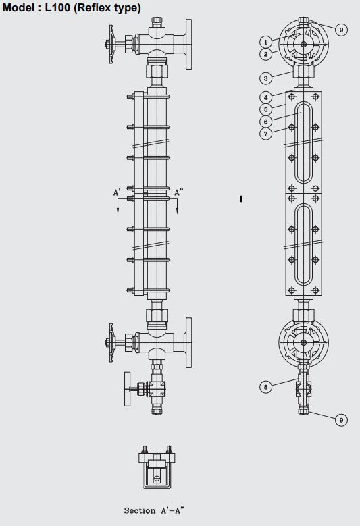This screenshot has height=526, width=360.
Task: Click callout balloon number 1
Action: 265,42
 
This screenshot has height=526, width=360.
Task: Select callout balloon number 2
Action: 265,53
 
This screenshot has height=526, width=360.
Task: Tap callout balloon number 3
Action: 265,78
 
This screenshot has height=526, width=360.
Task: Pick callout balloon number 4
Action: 265,97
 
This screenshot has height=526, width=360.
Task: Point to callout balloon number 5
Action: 265,109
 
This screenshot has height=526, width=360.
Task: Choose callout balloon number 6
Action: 265,122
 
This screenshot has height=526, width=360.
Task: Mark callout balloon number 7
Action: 265,134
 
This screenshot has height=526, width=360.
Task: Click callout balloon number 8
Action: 265,387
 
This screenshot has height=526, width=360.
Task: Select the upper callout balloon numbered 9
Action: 341,30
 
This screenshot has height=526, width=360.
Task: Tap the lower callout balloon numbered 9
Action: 341,420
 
